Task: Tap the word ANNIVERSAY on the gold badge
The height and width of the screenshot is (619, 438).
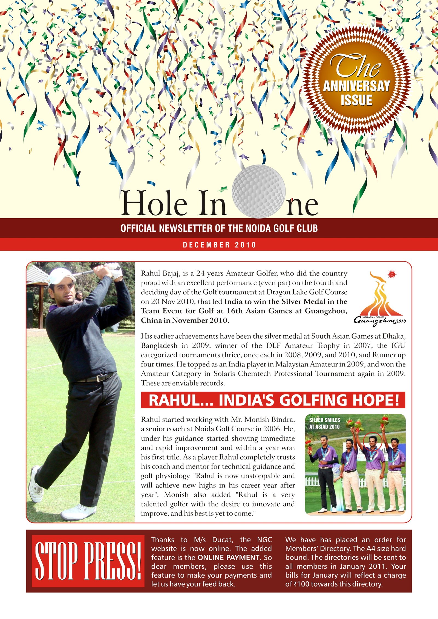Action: (356, 86)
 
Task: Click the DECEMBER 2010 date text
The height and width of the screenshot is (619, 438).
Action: (219, 245)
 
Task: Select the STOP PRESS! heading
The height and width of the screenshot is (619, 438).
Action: (88, 561)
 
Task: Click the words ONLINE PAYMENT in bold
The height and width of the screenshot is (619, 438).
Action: (228, 557)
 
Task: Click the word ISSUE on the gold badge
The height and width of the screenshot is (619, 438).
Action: (356, 100)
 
